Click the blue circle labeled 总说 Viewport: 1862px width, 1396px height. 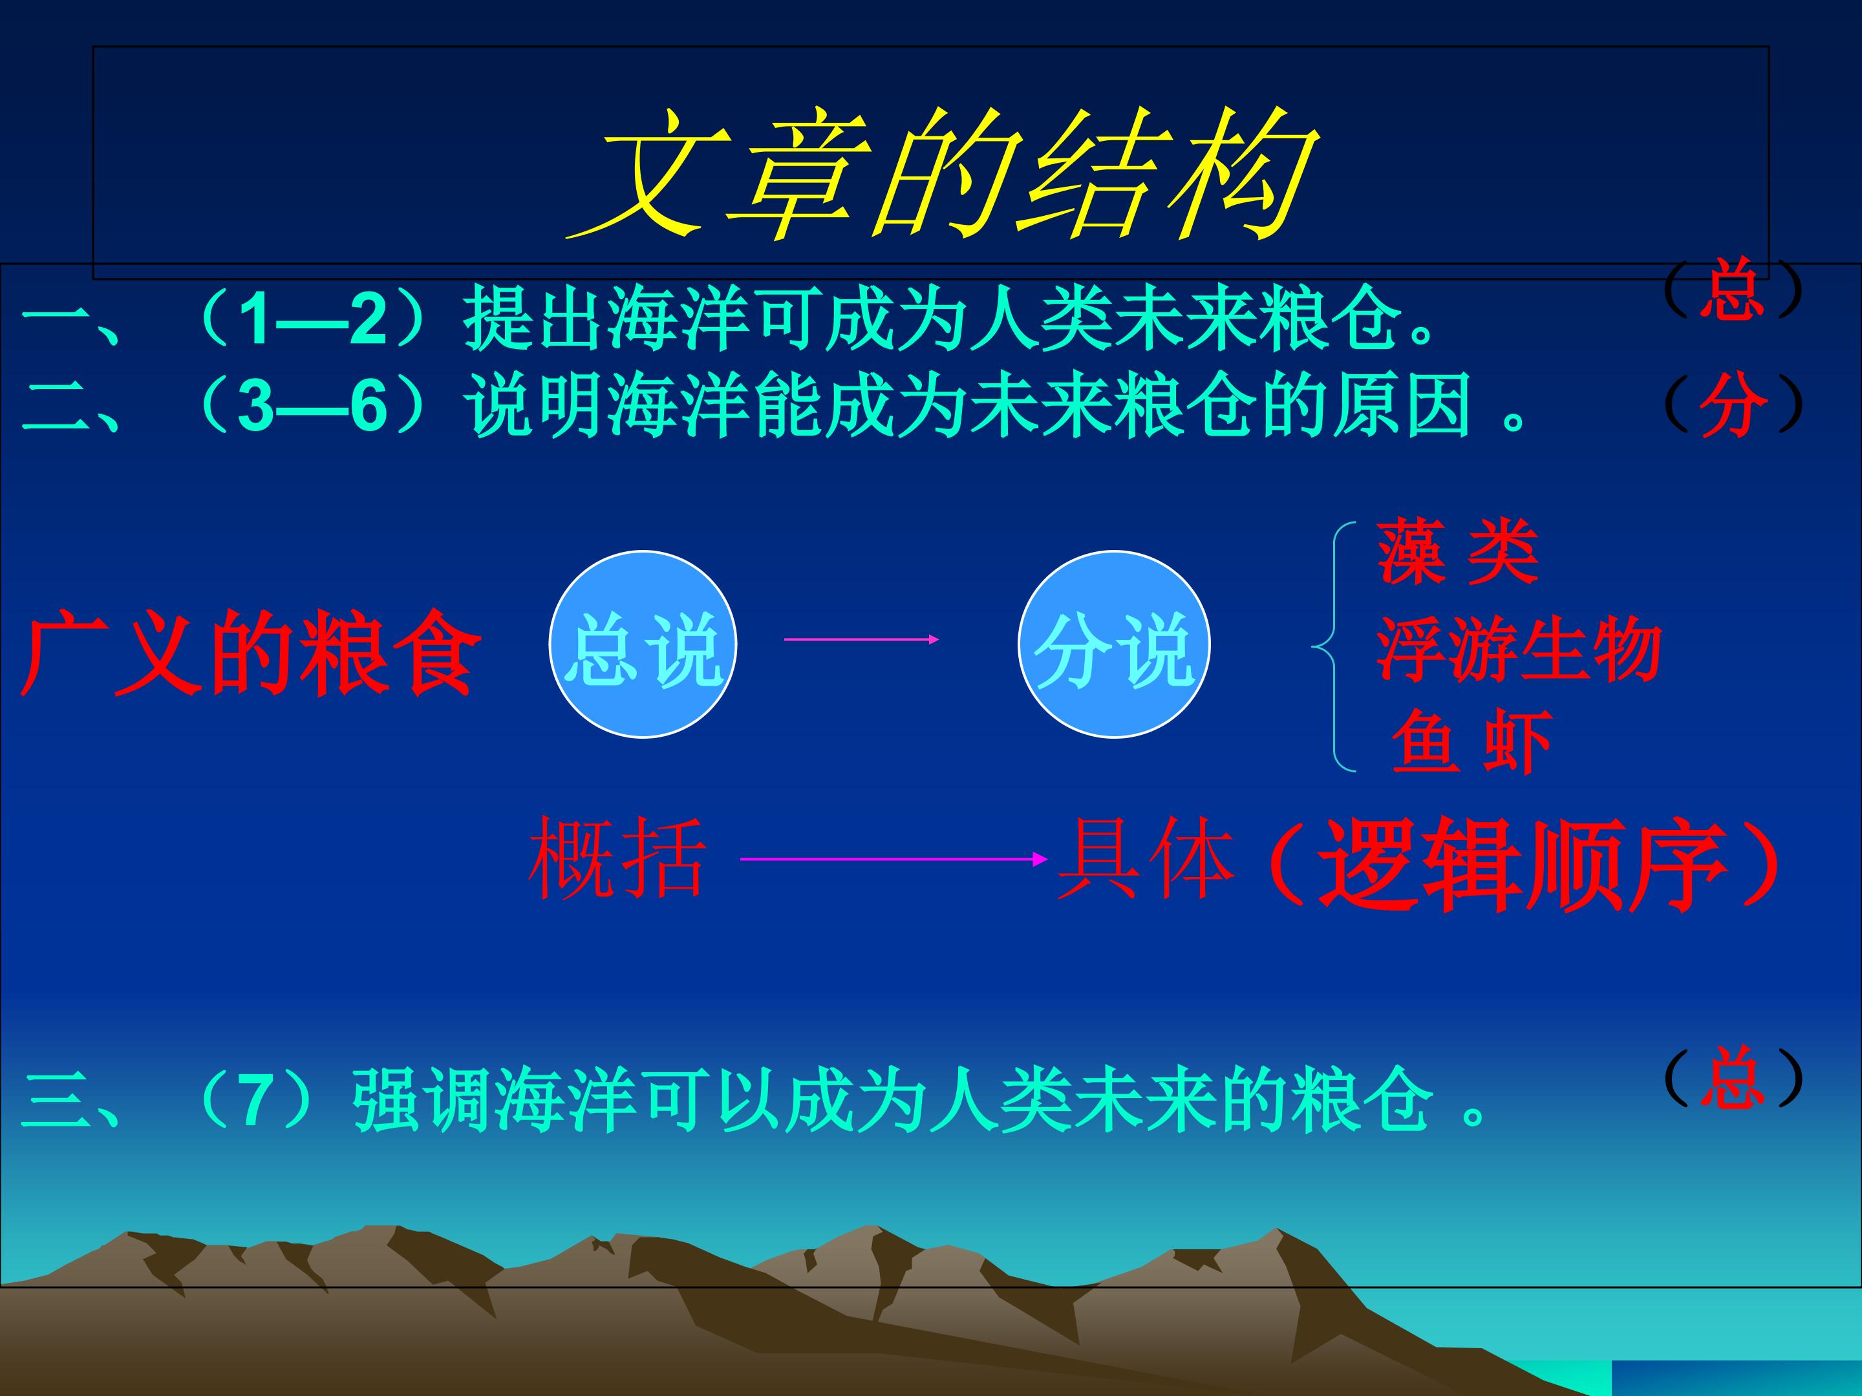[643, 644]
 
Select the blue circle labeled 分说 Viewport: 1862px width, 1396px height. [1114, 644]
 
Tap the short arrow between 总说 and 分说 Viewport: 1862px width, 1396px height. [861, 640]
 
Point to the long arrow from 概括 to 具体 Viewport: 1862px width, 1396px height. [892, 859]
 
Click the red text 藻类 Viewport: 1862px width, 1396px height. [1457, 552]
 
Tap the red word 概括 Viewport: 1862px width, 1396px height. [617, 858]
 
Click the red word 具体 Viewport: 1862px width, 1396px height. [1146, 858]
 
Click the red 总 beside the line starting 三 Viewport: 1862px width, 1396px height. [1731, 1078]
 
